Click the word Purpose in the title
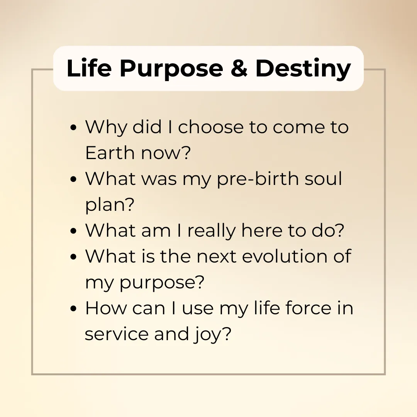(171, 69)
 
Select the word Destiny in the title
(303, 69)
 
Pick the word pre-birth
(258, 179)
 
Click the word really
(212, 231)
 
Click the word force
(309, 308)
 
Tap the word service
(117, 334)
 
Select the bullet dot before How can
(73, 309)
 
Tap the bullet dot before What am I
(73, 231)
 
